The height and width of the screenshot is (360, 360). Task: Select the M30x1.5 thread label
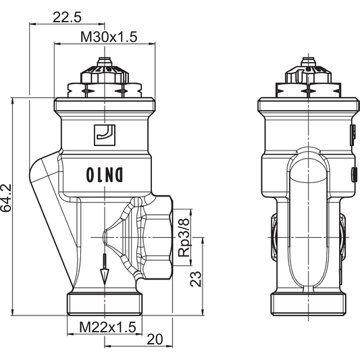109,38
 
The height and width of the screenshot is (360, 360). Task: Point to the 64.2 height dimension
7,199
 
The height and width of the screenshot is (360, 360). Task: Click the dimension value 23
196,278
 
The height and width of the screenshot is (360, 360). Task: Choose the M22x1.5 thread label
107,327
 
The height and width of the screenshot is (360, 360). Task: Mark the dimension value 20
155,339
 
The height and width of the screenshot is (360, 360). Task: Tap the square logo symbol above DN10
104,134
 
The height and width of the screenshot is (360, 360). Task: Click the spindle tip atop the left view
103,63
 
